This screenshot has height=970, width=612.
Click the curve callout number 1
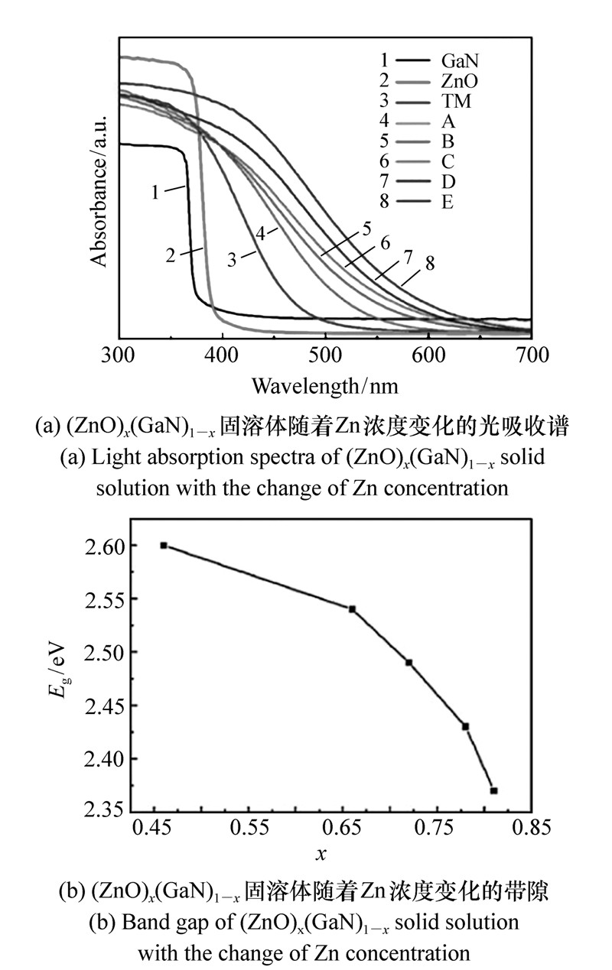pyautogui.click(x=155, y=192)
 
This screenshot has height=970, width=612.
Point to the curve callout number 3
pyautogui.click(x=231, y=259)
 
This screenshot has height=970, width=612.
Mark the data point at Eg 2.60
pyautogui.click(x=164, y=545)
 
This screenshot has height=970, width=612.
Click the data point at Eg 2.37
pyautogui.click(x=493, y=790)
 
